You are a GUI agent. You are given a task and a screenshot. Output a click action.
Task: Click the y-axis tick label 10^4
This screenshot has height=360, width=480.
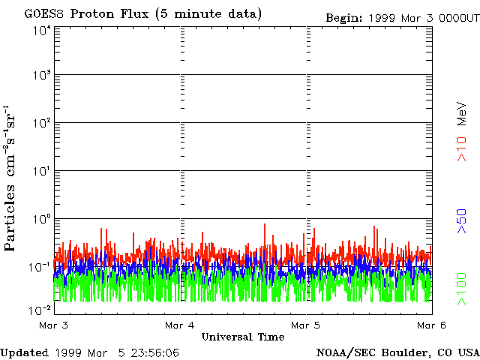(x=41, y=31)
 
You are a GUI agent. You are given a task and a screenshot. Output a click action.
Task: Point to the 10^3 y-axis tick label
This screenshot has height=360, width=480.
(x=41, y=76)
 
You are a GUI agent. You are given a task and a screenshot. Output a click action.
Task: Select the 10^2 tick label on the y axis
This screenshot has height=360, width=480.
(x=41, y=123)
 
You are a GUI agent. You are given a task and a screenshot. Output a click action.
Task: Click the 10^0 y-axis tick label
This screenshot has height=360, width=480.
(x=41, y=219)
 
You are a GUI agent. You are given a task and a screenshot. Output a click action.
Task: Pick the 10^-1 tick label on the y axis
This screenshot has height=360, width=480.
(x=40, y=267)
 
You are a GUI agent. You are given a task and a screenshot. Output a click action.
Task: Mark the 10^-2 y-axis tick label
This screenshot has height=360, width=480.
(x=40, y=310)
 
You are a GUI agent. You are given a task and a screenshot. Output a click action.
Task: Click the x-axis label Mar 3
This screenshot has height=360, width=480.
(x=54, y=325)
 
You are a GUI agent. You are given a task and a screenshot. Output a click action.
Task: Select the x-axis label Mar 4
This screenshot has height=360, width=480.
(x=180, y=325)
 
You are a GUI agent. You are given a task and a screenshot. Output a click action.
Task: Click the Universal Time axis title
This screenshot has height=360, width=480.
(x=243, y=337)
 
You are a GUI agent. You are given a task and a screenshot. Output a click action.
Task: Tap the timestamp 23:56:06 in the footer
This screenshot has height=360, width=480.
(x=154, y=352)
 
